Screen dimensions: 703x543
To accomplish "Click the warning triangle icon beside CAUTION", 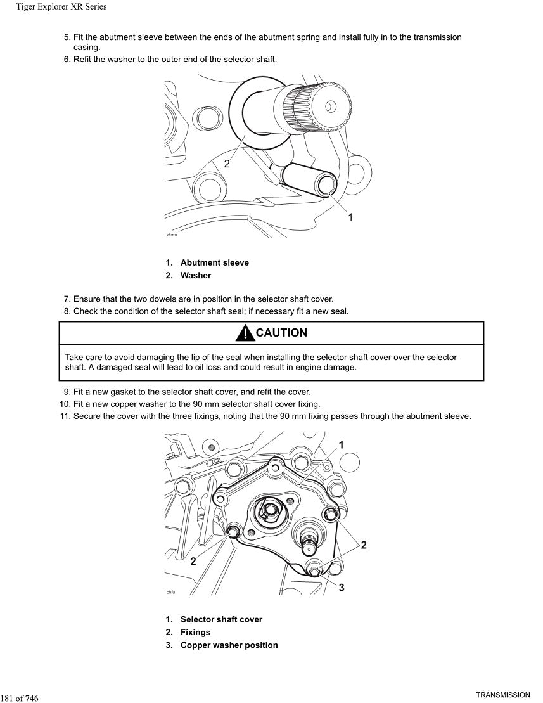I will click(x=244, y=333).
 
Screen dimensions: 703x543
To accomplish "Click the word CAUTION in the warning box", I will click(x=281, y=333).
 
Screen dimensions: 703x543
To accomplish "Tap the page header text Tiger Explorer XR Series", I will click(x=61, y=7).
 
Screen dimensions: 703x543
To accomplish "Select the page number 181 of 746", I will click(x=20, y=698).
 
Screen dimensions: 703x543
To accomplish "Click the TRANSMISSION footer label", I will click(x=503, y=695).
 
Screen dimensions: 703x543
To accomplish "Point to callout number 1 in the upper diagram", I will click(x=350, y=217).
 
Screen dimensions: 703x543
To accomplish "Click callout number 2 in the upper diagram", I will click(x=227, y=164).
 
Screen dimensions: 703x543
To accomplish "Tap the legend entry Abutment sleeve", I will click(x=214, y=262).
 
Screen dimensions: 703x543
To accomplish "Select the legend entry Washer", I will click(x=195, y=275).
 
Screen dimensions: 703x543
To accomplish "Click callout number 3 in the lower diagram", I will click(x=342, y=588).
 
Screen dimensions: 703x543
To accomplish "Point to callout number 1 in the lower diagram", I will click(x=342, y=445).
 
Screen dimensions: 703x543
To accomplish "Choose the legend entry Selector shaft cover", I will click(x=221, y=619).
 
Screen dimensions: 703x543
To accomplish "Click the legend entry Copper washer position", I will click(x=229, y=645).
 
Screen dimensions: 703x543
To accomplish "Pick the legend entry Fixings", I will click(x=195, y=632).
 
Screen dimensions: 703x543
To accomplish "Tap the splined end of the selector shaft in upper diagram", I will click(x=317, y=108).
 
